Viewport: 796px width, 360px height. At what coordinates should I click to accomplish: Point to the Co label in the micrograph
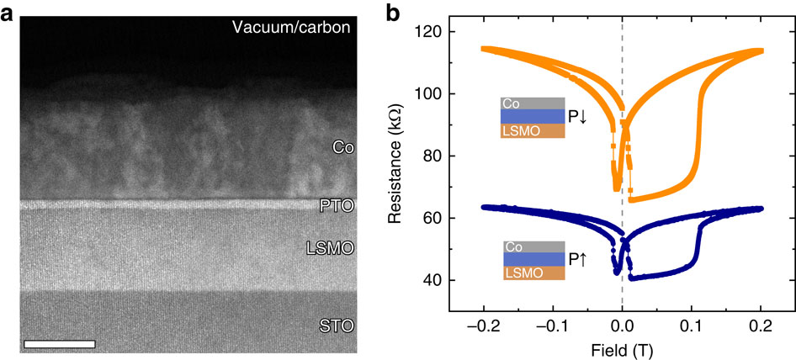[342, 147]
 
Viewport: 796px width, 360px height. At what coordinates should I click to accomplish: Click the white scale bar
[60, 343]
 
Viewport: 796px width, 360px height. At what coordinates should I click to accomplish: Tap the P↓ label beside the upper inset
[578, 118]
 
